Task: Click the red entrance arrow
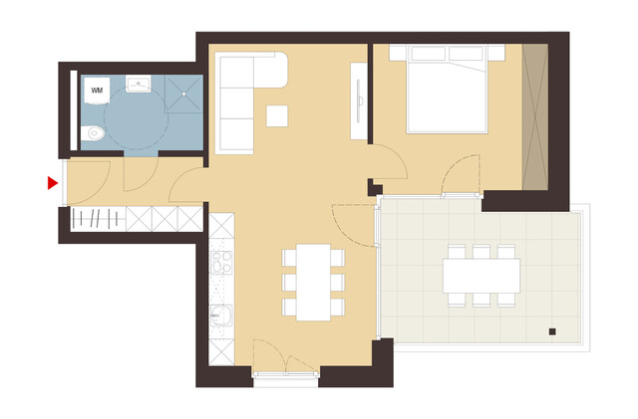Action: click(x=52, y=183)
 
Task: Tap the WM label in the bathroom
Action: click(x=97, y=91)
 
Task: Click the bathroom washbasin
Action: click(x=139, y=84)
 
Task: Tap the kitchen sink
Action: click(x=220, y=318)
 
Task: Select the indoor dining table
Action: click(x=313, y=282)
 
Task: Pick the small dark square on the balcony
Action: click(x=550, y=330)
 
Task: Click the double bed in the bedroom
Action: click(x=448, y=93)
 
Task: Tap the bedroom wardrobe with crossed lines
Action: click(x=535, y=116)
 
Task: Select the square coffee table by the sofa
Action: click(x=277, y=115)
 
